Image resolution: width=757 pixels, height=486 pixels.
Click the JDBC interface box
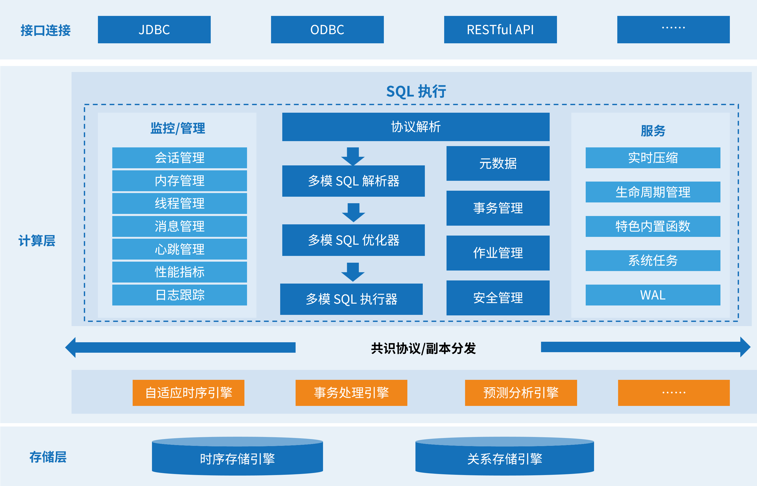pyautogui.click(x=154, y=30)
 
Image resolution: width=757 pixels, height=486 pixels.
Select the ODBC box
pyautogui.click(x=327, y=30)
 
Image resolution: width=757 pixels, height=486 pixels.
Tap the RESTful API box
pyautogui.click(x=500, y=30)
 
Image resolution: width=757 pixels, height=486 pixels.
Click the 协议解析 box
pyautogui.click(x=416, y=127)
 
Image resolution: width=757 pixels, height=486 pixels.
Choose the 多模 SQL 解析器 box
pyautogui.click(x=353, y=181)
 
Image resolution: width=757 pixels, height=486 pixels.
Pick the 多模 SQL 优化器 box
pyautogui.click(x=353, y=240)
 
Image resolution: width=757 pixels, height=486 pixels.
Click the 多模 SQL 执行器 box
pyautogui.click(x=351, y=299)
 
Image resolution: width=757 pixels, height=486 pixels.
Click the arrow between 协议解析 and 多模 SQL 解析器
pyautogui.click(x=353, y=156)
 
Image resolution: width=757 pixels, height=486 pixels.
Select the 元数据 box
pyautogui.click(x=498, y=164)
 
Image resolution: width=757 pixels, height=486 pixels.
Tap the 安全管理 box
pyautogui.click(x=498, y=298)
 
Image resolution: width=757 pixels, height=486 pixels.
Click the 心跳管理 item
pyautogui.click(x=179, y=249)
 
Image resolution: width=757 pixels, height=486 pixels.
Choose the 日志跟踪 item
pyautogui.click(x=179, y=295)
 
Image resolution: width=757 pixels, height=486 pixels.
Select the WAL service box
pyautogui.click(x=653, y=295)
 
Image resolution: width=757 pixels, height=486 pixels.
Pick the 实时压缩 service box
pyautogui.click(x=653, y=158)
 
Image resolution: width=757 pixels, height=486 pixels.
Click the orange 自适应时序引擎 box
pyautogui.click(x=189, y=393)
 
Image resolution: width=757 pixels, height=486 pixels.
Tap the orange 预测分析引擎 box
pyautogui.click(x=521, y=393)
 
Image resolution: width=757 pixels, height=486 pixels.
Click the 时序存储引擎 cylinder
pyautogui.click(x=237, y=458)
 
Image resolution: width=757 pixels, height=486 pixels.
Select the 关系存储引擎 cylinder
pyautogui.click(x=504, y=458)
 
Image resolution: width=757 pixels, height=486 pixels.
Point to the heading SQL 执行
pyautogui.click(x=416, y=92)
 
